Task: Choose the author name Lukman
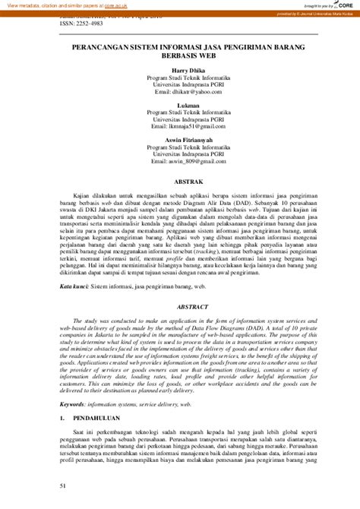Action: [180, 104]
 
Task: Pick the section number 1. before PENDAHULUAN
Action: [63, 419]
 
